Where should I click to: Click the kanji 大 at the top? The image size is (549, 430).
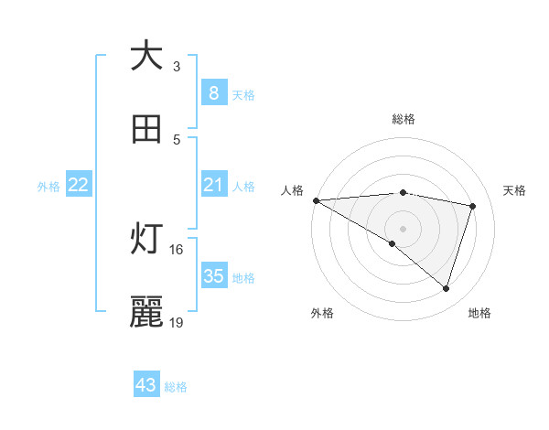click(x=146, y=56)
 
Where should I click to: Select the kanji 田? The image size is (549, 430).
click(x=146, y=129)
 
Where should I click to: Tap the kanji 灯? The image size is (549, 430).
click(x=146, y=239)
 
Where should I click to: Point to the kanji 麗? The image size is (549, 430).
click(x=146, y=312)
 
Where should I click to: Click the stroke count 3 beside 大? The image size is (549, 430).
click(x=177, y=66)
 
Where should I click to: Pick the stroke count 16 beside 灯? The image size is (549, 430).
click(x=177, y=249)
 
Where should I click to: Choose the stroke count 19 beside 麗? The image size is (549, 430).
click(x=177, y=322)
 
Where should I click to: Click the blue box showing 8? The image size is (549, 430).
click(x=213, y=93)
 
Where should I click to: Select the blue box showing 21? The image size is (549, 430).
click(x=213, y=185)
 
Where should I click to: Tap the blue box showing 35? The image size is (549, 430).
click(x=213, y=276)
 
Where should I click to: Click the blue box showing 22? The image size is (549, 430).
click(x=79, y=185)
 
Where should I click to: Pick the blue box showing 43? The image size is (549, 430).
click(x=146, y=385)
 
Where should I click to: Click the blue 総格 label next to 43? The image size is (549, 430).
click(x=177, y=387)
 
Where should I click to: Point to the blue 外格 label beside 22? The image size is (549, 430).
click(x=48, y=187)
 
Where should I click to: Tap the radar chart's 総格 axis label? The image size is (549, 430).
click(x=404, y=119)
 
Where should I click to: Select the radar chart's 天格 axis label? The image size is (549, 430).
click(x=515, y=190)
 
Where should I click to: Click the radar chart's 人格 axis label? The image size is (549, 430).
click(x=292, y=190)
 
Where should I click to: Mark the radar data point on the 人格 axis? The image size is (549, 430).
click(x=316, y=200)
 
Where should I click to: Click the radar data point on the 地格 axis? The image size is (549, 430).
click(x=446, y=288)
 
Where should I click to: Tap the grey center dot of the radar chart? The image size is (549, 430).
click(x=403, y=229)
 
